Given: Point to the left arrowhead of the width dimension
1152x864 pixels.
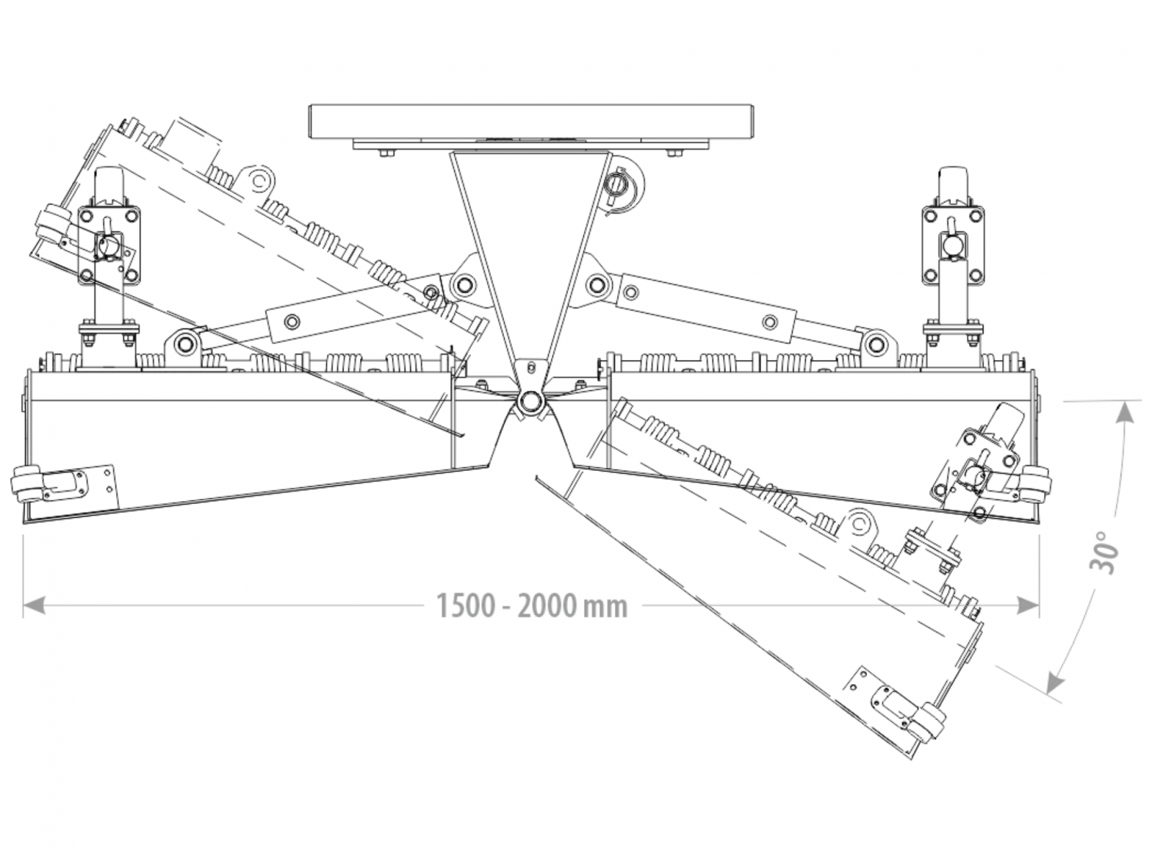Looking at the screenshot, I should click(32, 606).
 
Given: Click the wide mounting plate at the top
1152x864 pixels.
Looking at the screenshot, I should click(531, 122).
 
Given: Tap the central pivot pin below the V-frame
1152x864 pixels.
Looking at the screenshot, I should click(531, 400).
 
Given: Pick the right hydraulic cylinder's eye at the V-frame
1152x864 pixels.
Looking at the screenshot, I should click(598, 283).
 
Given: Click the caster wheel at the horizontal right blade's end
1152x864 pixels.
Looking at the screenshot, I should click(1037, 480).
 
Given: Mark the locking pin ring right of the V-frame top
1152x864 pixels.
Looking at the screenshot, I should click(618, 184).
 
